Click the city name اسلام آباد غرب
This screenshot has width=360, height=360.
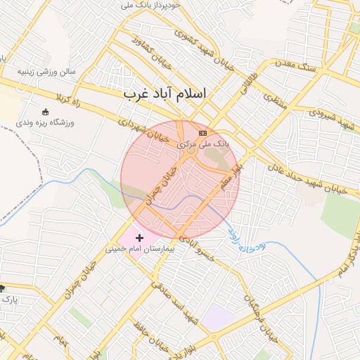tap(166, 94)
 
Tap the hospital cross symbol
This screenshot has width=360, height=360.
tap(139, 238)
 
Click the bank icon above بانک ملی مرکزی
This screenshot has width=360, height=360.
tap(203, 133)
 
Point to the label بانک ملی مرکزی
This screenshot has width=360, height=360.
tap(203, 143)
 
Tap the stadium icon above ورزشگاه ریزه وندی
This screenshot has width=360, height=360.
tap(46, 112)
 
